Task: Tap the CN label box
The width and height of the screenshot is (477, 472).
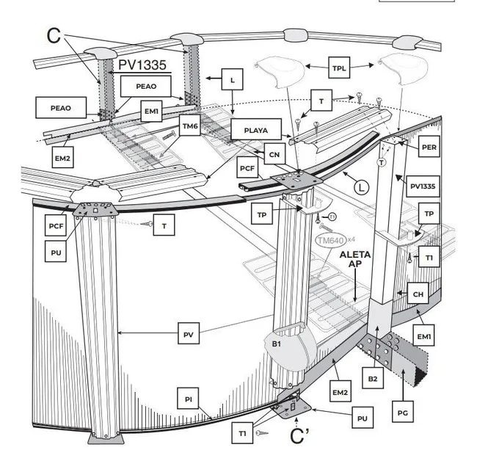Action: click(274, 154)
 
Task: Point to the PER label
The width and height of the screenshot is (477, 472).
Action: click(430, 147)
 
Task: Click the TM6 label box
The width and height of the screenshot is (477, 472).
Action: click(191, 126)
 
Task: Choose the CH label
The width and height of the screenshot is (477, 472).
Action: click(418, 294)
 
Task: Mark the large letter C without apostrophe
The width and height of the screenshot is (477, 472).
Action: click(53, 35)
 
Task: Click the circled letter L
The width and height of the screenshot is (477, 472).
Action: click(360, 186)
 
